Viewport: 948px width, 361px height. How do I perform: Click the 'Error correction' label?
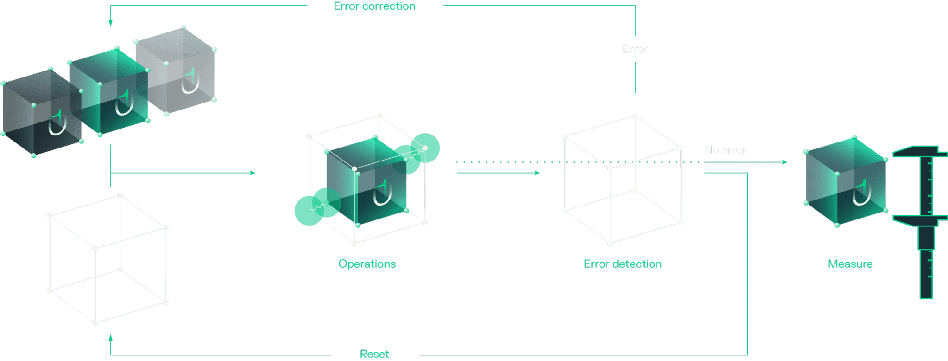point(374,6)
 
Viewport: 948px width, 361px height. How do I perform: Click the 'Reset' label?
point(374,354)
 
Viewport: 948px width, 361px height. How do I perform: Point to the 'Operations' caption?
point(367,264)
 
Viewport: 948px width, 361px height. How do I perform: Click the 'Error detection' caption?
point(622,264)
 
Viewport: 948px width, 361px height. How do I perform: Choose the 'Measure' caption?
point(850,264)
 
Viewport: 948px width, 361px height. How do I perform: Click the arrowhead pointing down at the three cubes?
point(110,23)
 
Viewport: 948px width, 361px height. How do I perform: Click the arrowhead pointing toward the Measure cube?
point(784,162)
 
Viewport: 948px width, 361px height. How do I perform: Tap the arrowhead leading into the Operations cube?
point(253,173)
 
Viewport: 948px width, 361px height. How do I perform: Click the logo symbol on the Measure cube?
point(862,193)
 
